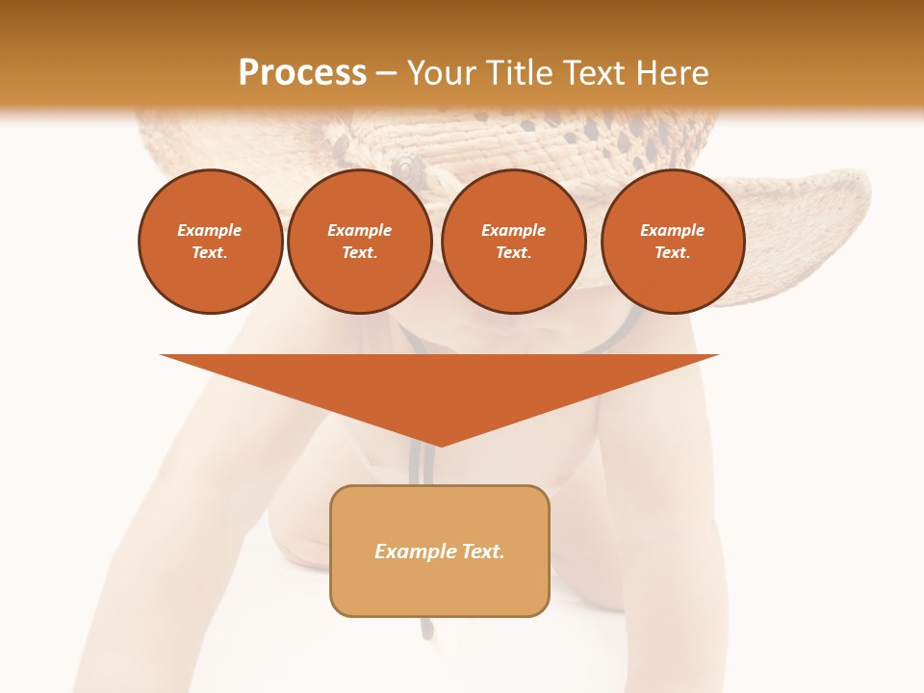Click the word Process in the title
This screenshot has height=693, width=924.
pos(302,72)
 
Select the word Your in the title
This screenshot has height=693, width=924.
pos(445,72)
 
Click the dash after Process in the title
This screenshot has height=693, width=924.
pos(386,74)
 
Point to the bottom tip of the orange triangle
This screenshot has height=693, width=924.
pos(440,445)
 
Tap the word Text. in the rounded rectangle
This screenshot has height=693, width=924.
pos(481,552)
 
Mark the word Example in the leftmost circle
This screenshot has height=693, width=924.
pos(210,230)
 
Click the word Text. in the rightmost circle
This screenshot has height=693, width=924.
pos(673,252)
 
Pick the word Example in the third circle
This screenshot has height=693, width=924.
pos(513,230)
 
